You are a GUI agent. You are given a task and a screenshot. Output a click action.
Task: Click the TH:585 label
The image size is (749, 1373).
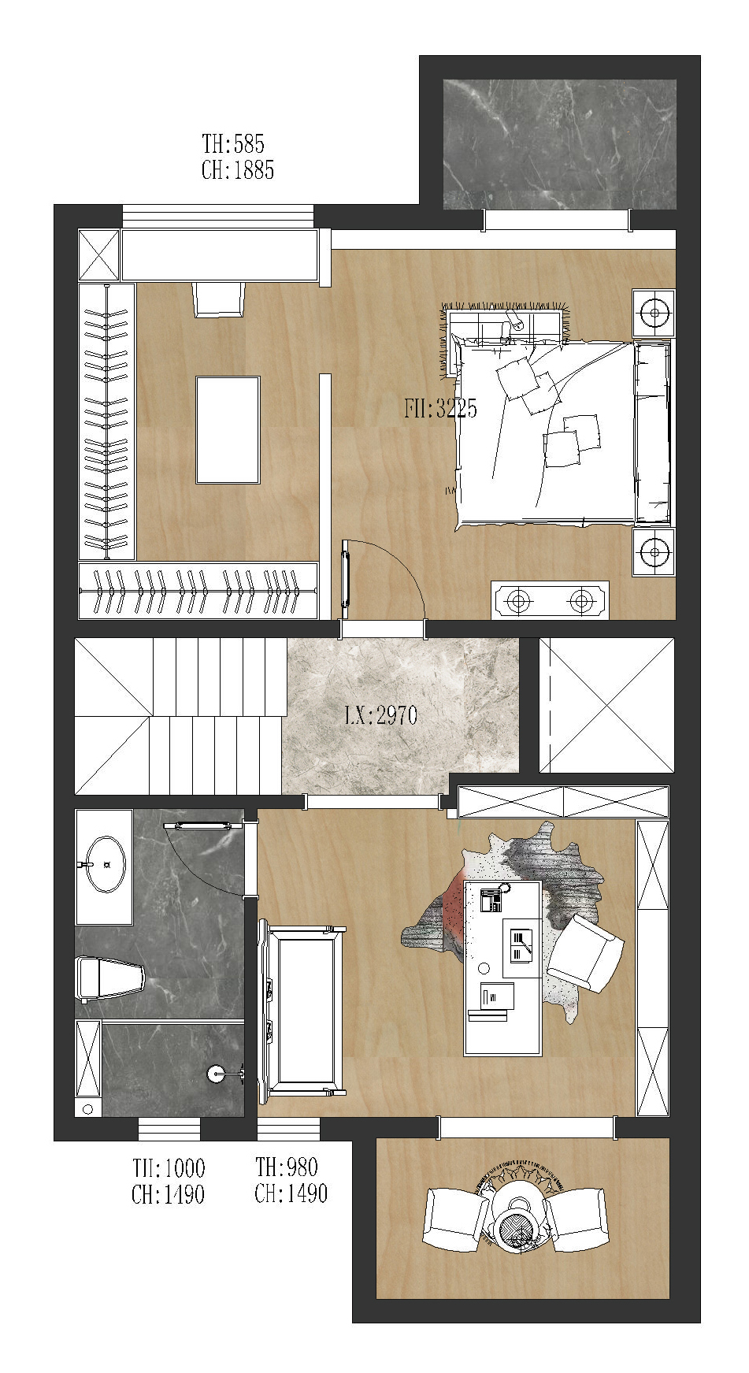coord(233,143)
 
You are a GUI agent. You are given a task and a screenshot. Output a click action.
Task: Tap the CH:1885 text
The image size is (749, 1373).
coord(238,169)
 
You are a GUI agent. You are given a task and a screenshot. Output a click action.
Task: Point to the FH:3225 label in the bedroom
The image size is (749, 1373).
coord(440,408)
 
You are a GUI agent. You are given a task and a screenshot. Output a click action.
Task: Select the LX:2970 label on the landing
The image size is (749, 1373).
coord(381,715)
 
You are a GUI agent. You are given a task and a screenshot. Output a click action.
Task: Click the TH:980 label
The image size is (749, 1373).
coord(287,1167)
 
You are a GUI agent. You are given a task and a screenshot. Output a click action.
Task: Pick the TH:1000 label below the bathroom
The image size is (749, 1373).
coord(169,1167)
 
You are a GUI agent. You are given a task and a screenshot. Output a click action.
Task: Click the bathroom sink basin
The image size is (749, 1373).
coord(106,864)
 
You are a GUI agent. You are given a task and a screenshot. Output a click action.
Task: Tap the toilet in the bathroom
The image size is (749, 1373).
coord(110,978)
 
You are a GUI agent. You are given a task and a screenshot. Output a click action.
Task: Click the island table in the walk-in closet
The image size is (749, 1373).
coord(228,429)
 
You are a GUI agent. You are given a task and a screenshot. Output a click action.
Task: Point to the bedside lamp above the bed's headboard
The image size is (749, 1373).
coord(654,313)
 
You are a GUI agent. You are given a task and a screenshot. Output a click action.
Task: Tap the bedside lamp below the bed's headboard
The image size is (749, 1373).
coord(654,551)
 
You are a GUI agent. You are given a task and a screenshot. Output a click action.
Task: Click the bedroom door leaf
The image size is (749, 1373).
coord(345,579)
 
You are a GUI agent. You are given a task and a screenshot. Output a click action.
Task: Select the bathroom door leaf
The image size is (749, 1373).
coord(202,826)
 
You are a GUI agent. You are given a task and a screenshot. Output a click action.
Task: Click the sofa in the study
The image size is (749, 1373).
coord(302,1011)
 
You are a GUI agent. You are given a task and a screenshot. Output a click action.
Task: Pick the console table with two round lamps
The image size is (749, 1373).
coord(550,601)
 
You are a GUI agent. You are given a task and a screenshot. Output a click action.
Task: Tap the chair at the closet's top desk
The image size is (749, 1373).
coord(218,299)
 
